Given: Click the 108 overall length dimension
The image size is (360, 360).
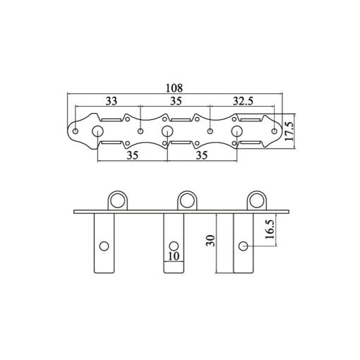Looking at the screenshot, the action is click(174, 88).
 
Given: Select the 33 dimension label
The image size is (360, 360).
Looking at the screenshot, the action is click(112, 101).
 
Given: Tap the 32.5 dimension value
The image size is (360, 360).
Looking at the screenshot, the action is click(243, 101).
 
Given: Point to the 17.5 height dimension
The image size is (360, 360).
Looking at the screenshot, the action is click(289, 131).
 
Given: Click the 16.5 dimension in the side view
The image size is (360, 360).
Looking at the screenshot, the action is click(270, 229).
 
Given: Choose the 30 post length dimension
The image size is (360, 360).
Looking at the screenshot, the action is click(210, 241).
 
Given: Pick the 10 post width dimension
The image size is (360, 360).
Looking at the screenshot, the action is click(174, 256).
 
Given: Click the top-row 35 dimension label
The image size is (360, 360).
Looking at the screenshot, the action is click(176, 101).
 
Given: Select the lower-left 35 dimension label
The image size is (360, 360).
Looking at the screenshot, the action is click(133, 155).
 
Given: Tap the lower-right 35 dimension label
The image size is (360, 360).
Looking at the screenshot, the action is click(202, 155).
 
